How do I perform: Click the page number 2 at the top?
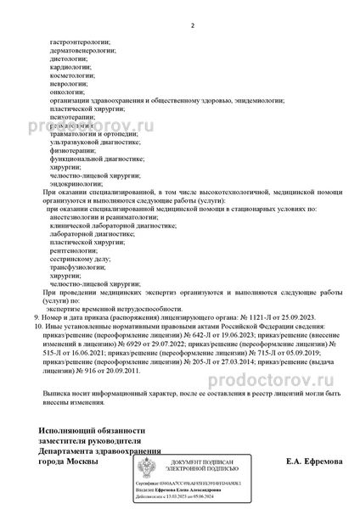click(193, 25)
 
